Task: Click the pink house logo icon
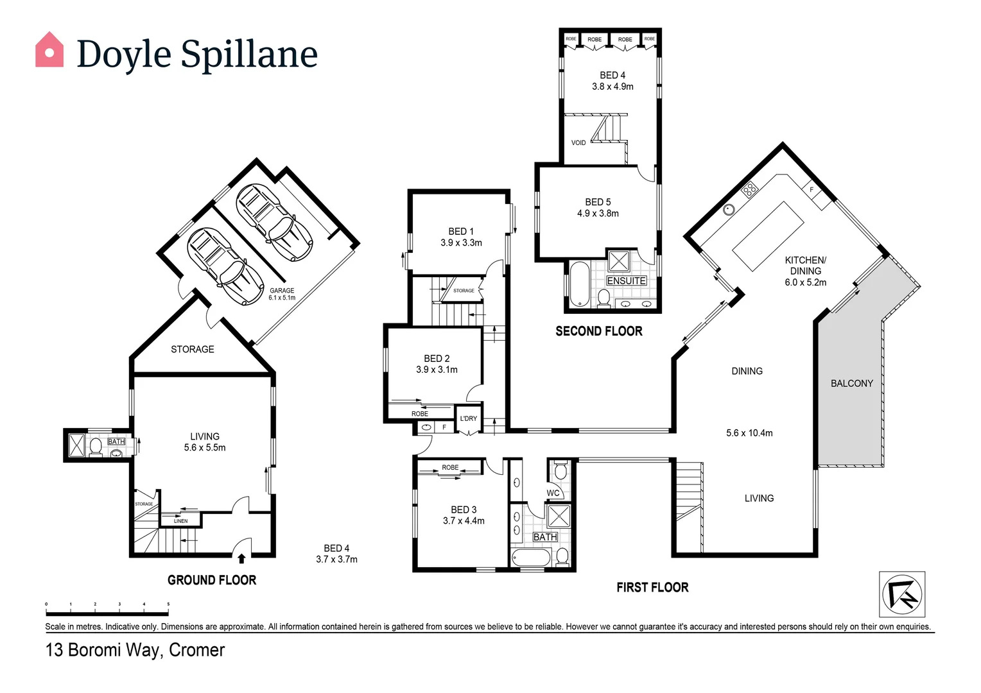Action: [49, 50]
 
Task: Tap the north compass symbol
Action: [902, 594]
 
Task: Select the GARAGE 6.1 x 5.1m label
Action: [282, 294]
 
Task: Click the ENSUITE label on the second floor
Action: [626, 281]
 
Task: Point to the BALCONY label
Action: [851, 383]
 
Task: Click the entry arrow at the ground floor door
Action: [241, 558]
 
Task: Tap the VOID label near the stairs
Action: [578, 142]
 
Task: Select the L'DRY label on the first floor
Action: [469, 418]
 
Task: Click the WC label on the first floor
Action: [553, 493]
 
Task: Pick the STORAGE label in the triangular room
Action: [193, 349]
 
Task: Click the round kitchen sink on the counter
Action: [729, 209]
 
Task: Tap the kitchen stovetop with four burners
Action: [749, 189]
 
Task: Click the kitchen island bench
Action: [768, 235]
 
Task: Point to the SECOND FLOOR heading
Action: [598, 331]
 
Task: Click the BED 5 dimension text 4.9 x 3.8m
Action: [598, 214]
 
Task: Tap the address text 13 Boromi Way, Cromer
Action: [135, 650]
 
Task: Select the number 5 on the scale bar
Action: [168, 604]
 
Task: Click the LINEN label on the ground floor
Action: [181, 521]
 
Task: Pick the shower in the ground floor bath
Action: [77, 445]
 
